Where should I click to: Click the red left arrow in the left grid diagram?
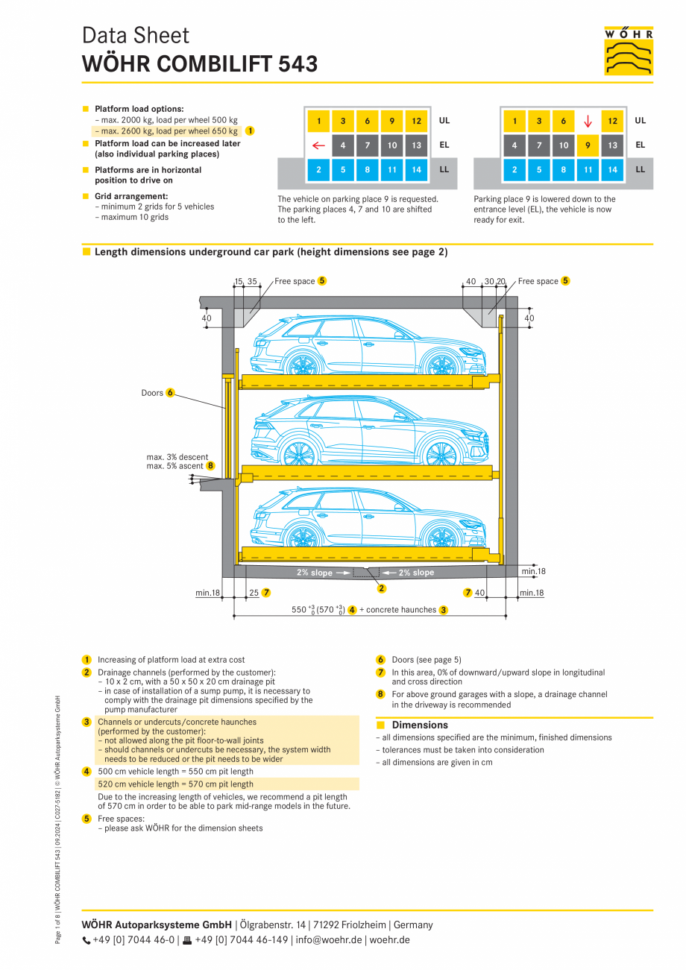click(x=318, y=145)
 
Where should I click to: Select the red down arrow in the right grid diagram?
click(x=588, y=121)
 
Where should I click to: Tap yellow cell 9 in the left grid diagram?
click(x=392, y=121)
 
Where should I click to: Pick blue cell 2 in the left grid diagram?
click(x=318, y=170)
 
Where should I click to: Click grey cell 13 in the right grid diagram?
click(x=612, y=145)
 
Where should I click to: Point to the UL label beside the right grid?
click(x=641, y=121)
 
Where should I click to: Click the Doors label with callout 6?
click(x=152, y=393)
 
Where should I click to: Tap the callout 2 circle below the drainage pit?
click(x=382, y=588)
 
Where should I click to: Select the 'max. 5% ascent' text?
click(x=174, y=466)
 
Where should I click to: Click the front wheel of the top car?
click(x=438, y=365)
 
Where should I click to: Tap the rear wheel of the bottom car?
click(x=301, y=536)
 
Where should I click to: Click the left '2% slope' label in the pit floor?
click(x=315, y=573)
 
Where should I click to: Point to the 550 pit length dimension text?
click(x=299, y=610)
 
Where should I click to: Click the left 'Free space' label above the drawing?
click(x=295, y=281)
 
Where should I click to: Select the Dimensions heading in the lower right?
click(x=420, y=725)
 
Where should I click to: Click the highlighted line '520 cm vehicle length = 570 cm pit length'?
click(x=175, y=784)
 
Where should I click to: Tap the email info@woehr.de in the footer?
click(x=329, y=940)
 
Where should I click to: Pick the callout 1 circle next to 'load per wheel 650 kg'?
click(x=250, y=130)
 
